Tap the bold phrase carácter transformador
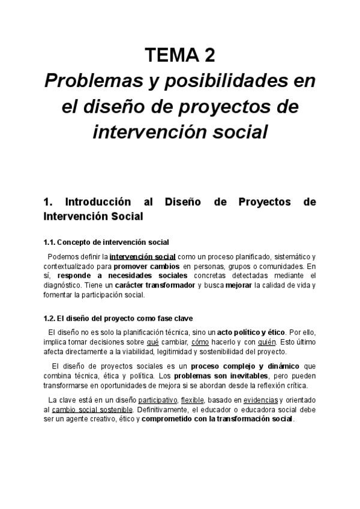click(x=160, y=285)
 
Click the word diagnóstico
click(x=62, y=285)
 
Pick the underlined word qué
click(x=152, y=342)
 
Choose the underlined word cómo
click(x=200, y=342)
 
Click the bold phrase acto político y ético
click(x=251, y=332)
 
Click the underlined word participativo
click(x=158, y=400)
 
